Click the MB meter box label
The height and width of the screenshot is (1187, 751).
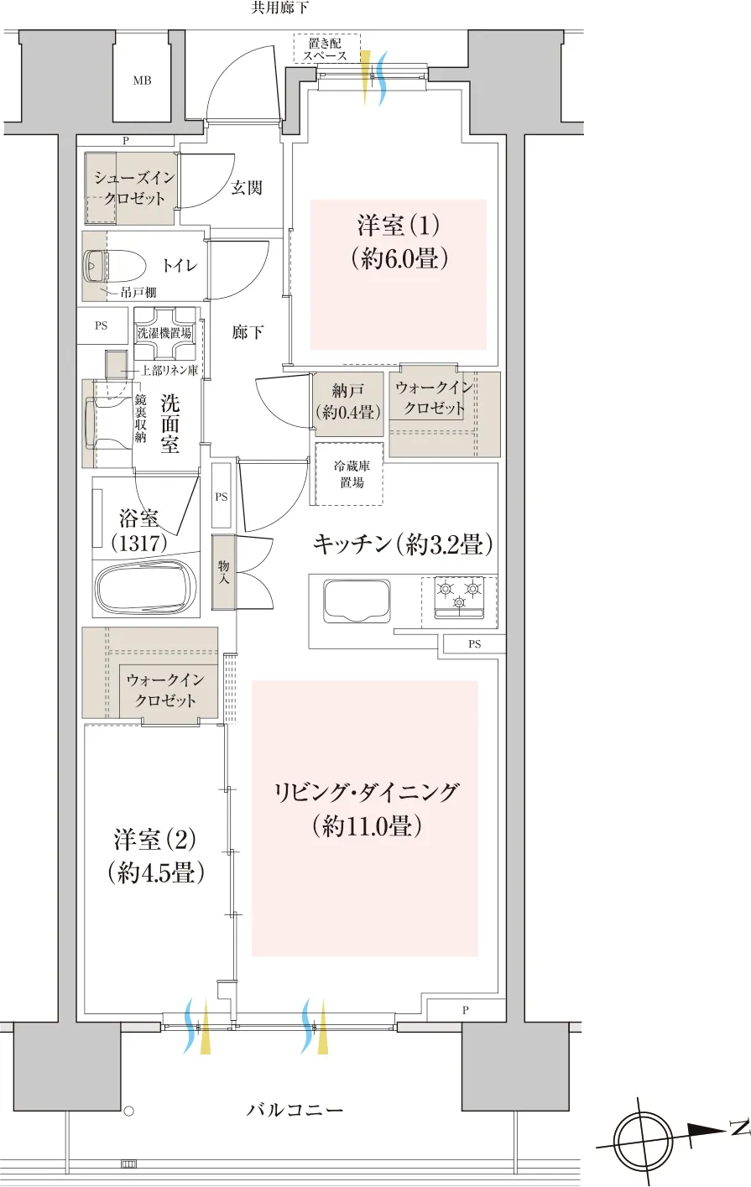point(142,81)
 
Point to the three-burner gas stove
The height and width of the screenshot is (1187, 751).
point(459,597)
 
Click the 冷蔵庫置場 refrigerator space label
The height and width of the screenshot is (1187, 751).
point(352,474)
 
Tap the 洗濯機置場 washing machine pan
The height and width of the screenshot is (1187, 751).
point(164,333)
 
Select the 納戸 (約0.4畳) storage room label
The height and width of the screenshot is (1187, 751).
point(347,402)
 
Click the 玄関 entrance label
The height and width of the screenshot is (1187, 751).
point(247,187)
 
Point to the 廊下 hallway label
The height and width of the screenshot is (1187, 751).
point(248,332)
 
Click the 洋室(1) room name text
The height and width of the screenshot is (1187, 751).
point(398,225)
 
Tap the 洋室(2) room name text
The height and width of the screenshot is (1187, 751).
point(154,840)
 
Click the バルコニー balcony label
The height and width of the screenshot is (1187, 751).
point(295,1110)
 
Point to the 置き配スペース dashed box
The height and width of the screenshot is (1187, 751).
point(327,49)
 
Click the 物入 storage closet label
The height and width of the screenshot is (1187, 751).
point(223,572)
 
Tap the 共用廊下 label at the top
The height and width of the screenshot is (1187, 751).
point(279,8)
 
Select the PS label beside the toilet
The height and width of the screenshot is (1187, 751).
point(102,325)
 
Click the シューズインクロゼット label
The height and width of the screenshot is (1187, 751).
point(134,188)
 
